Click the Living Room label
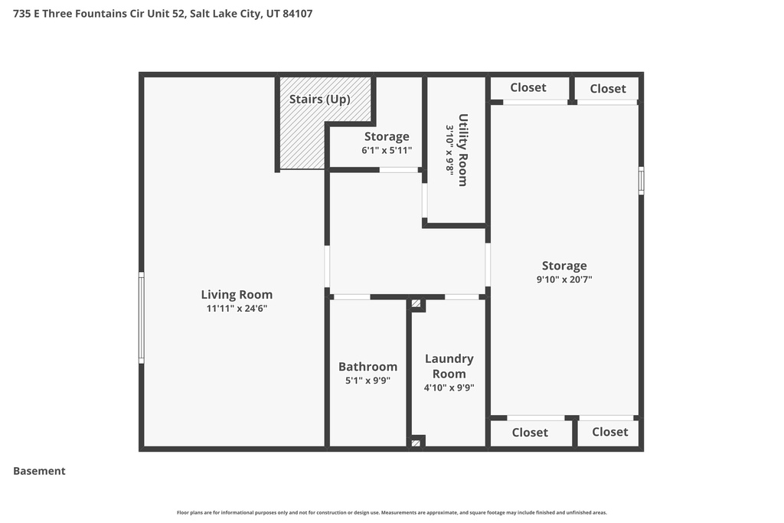(237, 295)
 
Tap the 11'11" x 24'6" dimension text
(237, 309)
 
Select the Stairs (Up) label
(319, 99)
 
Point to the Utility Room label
(463, 150)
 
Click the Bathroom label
(368, 367)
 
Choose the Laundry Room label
(449, 366)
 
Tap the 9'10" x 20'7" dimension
(564, 279)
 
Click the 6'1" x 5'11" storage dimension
(387, 151)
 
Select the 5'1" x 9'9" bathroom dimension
(368, 381)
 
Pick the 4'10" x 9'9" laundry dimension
(449, 387)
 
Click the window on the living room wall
(142, 318)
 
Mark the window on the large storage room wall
(641, 181)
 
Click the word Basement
(39, 471)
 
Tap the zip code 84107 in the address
(298, 14)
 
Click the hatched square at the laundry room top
(416, 303)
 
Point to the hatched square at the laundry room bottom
(416, 443)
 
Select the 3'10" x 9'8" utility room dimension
(450, 150)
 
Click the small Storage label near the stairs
(387, 136)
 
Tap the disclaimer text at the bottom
(392, 512)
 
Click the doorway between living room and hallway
(327, 266)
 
